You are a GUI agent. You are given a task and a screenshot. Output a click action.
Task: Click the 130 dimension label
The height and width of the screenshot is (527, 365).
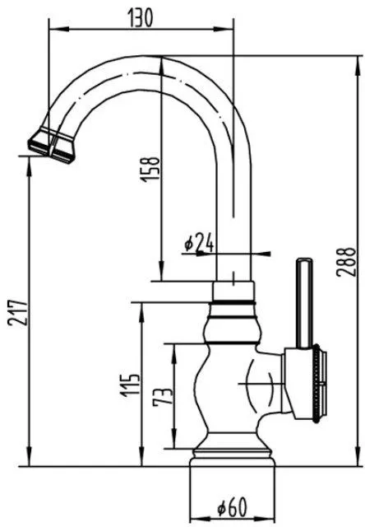click(141, 17)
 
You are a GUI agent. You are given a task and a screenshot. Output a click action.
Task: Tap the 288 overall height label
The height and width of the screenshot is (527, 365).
click(345, 262)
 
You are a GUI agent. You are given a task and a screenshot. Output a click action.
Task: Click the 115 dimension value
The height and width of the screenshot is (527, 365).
click(130, 385)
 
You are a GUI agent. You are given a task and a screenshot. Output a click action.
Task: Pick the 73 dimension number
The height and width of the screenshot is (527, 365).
click(163, 396)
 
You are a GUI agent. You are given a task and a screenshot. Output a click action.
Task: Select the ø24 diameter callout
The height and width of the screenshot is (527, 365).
click(199, 242)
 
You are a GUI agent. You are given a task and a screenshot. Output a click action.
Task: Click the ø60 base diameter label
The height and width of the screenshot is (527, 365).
click(232, 507)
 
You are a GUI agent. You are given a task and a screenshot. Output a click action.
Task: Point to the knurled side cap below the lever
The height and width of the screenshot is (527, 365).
click(316, 383)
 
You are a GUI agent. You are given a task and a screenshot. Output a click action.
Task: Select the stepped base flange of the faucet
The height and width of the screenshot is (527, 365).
click(233, 458)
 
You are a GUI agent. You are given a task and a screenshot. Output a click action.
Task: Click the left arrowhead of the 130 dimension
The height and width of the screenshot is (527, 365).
click(55, 30)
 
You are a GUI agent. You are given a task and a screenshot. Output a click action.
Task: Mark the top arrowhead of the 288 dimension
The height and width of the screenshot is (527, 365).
click(358, 64)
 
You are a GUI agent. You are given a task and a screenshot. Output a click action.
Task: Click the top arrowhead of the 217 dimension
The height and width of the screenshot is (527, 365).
click(30, 166)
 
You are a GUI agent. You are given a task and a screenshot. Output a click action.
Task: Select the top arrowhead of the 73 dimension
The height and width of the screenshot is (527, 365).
click(174, 353)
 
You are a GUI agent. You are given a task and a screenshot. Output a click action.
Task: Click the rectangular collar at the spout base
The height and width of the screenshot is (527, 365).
click(233, 291)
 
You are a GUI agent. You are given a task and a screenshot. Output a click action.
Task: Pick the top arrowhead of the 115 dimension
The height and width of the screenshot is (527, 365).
click(142, 312)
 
